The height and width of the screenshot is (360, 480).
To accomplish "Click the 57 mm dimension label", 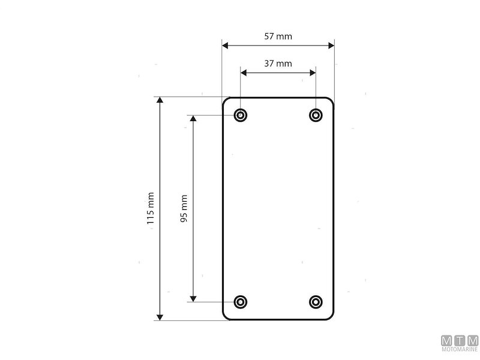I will click(278, 36).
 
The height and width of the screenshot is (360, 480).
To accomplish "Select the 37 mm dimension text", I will click(278, 63).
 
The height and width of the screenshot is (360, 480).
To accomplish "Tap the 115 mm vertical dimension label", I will click(150, 208).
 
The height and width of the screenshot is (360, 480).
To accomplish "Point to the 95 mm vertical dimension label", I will click(184, 208).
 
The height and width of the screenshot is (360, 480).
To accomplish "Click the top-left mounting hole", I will click(241, 115).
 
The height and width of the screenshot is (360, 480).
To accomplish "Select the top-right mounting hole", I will click(316, 115).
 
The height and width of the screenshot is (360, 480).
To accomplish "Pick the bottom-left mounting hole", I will click(241, 302).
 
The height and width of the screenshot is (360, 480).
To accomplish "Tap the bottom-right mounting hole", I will click(316, 302).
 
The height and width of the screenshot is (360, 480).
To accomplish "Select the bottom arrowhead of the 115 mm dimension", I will click(160, 316).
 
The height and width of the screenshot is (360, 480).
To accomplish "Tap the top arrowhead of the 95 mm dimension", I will click(193, 119).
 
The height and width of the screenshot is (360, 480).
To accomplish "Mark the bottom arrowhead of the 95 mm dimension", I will click(193, 298).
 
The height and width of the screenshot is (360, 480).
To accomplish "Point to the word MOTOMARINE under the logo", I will click(459, 349).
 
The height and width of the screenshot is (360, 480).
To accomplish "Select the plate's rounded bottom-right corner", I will click(331, 317).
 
